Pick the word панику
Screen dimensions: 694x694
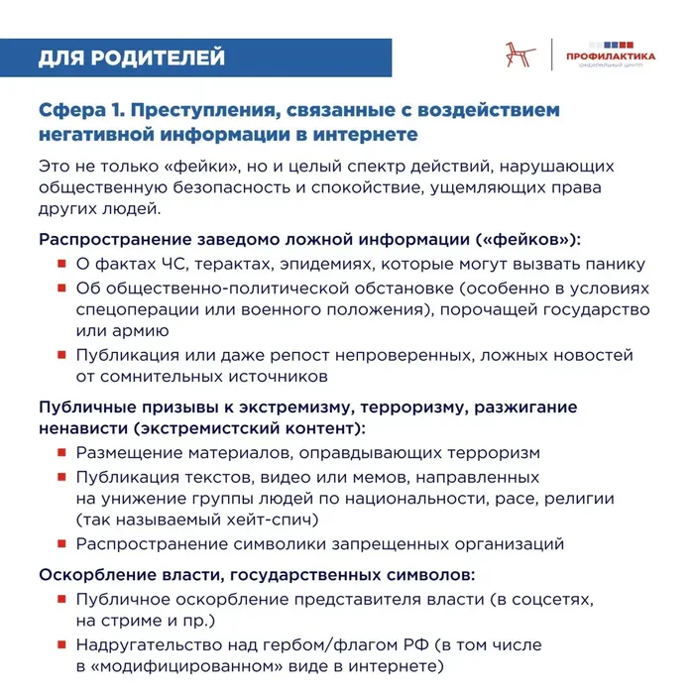(x=614, y=264)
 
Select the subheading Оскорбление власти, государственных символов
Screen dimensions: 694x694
(x=257, y=575)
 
